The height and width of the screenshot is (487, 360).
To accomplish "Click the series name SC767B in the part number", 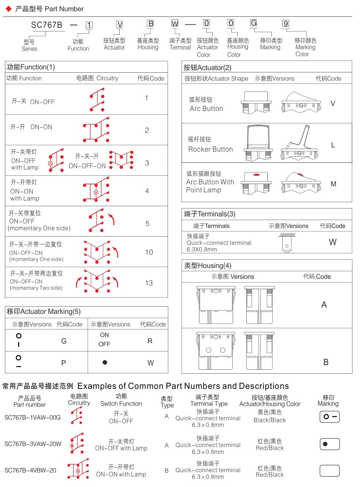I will (47, 25).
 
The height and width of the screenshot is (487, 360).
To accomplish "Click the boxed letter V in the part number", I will (120, 24).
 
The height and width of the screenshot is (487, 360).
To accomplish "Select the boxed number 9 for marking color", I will (286, 23).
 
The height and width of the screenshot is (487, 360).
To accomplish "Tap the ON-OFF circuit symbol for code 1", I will (97, 99).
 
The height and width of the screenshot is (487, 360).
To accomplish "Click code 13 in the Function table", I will (149, 283).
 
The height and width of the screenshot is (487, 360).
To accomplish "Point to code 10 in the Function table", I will (149, 252).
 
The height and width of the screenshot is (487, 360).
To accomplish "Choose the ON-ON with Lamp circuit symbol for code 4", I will (96, 190).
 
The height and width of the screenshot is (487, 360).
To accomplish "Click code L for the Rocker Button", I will (333, 145).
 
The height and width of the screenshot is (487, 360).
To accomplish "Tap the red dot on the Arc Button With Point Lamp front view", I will (256, 174).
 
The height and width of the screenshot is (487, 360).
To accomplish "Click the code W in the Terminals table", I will (333, 242).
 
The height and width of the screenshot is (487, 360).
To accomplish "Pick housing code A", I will (324, 305).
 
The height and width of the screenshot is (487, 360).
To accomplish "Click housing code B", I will (326, 362).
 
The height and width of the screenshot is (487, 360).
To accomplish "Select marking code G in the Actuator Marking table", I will (64, 341).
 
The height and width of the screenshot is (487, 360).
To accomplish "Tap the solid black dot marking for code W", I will (105, 362).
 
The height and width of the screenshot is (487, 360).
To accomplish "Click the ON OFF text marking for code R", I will (104, 340).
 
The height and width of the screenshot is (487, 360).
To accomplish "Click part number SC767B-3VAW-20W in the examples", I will (33, 444).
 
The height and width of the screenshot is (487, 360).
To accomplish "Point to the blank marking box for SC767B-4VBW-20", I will (330, 471).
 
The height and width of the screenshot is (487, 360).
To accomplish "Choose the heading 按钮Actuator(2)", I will (207, 68).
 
